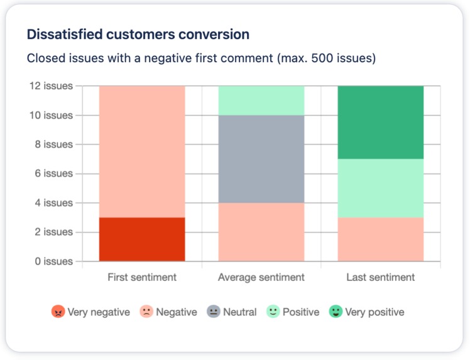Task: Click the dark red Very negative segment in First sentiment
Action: [142, 239]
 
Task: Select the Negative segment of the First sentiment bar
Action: [142, 151]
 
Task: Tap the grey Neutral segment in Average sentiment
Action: [261, 159]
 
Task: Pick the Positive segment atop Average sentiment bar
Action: [261, 101]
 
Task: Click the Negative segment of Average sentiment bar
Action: [261, 232]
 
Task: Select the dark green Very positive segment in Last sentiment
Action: [380, 123]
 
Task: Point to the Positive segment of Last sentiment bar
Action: [380, 188]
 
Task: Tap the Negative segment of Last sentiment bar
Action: [380, 239]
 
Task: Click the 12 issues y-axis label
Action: [52, 86]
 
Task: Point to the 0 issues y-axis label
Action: [54, 261]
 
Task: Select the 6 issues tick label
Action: [54, 173]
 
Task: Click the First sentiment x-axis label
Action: [142, 277]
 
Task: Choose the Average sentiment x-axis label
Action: [261, 277]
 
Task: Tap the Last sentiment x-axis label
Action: [380, 277]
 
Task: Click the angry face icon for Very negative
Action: [58, 312]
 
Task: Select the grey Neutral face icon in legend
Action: [214, 312]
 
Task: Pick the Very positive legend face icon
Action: [336, 312]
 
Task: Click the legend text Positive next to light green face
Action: [301, 312]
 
